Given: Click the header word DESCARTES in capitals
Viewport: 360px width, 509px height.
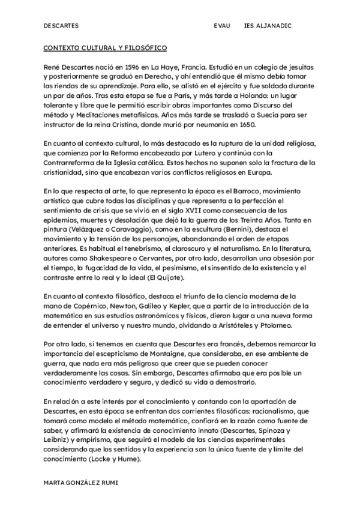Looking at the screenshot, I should (x=61, y=27).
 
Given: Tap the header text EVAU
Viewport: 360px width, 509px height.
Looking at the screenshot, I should (x=221, y=27).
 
